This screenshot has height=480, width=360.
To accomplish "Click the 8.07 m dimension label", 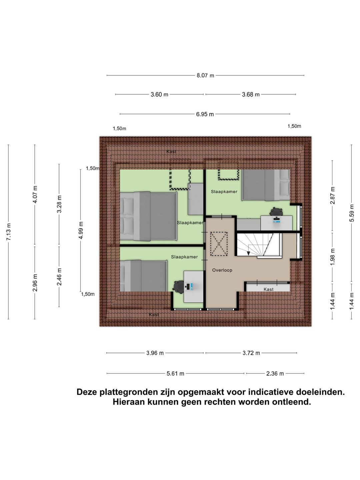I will (x=205, y=75).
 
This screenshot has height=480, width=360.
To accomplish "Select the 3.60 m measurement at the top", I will (x=159, y=94).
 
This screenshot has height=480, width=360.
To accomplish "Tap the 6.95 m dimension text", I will (x=205, y=114).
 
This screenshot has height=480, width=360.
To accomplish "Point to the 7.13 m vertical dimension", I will (x=9, y=232).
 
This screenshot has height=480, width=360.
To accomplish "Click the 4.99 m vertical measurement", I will (x=81, y=230).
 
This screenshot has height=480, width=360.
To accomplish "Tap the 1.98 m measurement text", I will (x=332, y=257).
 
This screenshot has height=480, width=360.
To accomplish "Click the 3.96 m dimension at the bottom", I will (x=155, y=353).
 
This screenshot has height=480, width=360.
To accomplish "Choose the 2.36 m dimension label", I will (x=275, y=373).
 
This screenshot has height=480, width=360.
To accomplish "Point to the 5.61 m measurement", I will (x=175, y=373).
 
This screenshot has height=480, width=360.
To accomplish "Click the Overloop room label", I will (x=222, y=270).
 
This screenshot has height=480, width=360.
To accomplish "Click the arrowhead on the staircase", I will (x=248, y=253).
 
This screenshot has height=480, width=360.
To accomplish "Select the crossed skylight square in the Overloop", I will (x=218, y=244).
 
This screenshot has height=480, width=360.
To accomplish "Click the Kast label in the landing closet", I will (x=268, y=289).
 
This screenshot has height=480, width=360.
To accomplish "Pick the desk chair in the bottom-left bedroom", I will (x=178, y=286).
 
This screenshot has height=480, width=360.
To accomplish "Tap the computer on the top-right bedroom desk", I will (x=276, y=219).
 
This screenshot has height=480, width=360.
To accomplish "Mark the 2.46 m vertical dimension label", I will (x=59, y=277).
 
